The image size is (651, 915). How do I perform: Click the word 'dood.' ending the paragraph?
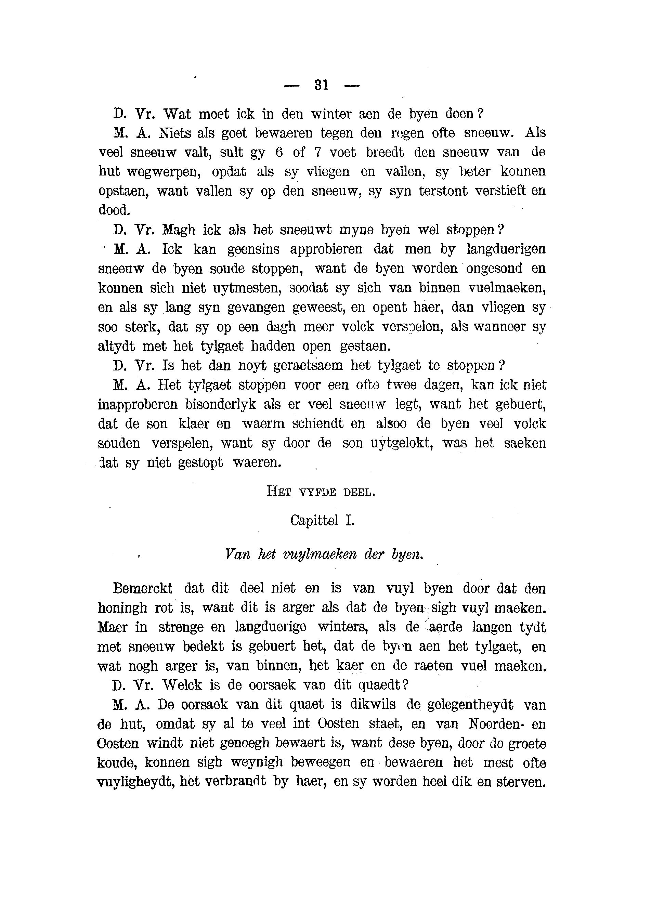pyautogui.click(x=114, y=210)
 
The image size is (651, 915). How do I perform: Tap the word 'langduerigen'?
pyautogui.click(x=506, y=249)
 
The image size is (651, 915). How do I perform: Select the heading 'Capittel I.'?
pyautogui.click(x=322, y=521)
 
